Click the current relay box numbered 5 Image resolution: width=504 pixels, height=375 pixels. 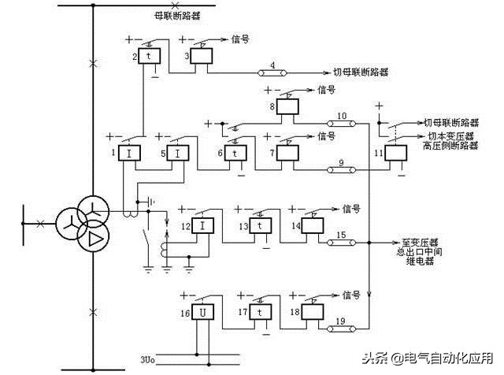pyautogui.click(x=179, y=152)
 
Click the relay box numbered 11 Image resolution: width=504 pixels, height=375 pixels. pyautogui.click(x=394, y=152)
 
